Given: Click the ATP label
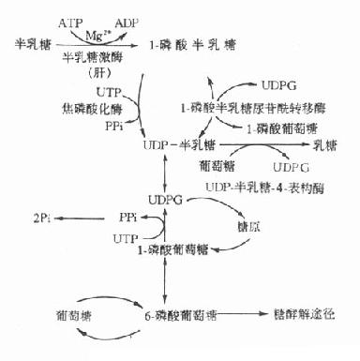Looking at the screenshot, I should click(x=70, y=20).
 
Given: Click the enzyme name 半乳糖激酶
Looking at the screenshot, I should click(x=93, y=57).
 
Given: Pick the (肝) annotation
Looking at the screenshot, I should click(x=95, y=72).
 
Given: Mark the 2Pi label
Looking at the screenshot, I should click(x=41, y=218).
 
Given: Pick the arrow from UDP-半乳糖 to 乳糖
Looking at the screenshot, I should click(x=262, y=148).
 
